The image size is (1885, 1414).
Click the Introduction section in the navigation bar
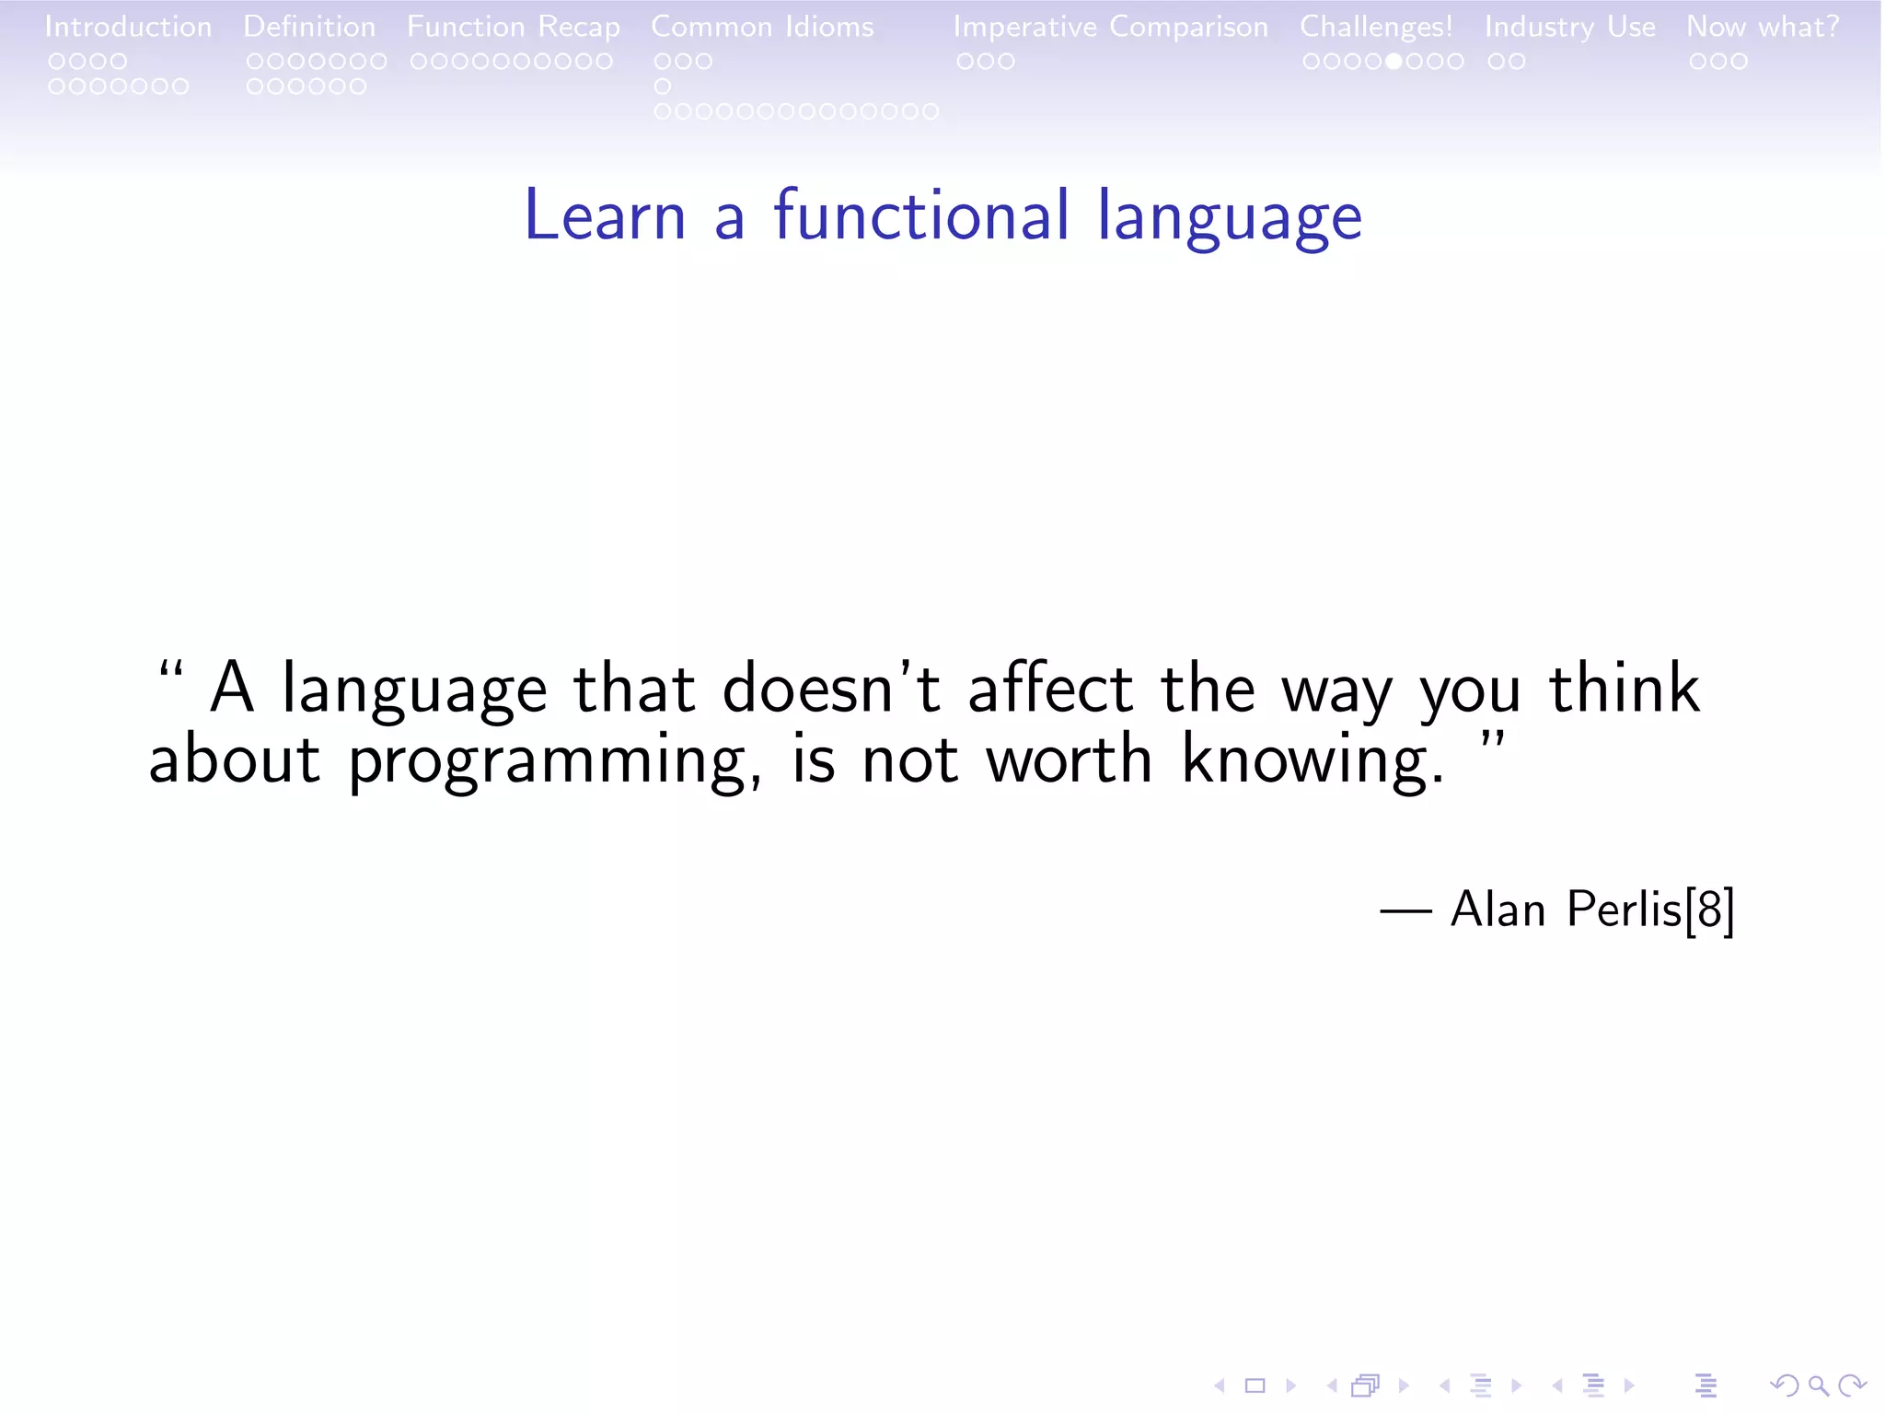click(x=128, y=27)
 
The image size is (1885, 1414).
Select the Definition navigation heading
click(x=309, y=27)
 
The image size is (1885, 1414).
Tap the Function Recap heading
click(x=514, y=27)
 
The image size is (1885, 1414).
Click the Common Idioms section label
click(x=762, y=27)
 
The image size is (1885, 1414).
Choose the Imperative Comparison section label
click(x=1110, y=27)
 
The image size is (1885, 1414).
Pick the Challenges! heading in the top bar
click(x=1376, y=27)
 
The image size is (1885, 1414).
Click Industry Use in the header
click(x=1569, y=27)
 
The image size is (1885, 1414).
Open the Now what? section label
click(x=1763, y=27)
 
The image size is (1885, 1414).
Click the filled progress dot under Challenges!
click(x=1394, y=62)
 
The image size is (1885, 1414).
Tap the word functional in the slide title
click(x=921, y=216)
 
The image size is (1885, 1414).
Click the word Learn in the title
click(x=605, y=216)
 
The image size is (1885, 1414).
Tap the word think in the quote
click(x=1624, y=689)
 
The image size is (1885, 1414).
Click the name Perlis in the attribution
click(x=1624, y=910)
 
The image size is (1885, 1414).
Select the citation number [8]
click(x=1709, y=910)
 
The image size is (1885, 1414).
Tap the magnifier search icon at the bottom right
click(x=1817, y=1385)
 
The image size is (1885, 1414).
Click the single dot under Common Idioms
click(x=662, y=87)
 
